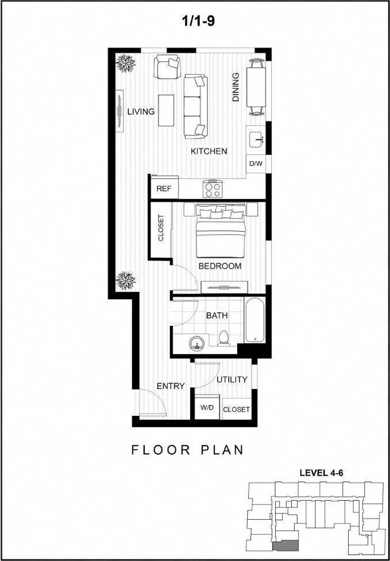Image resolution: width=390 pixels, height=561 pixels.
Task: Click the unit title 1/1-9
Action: click(x=195, y=22)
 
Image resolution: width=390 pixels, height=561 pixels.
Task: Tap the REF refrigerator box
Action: click(x=164, y=188)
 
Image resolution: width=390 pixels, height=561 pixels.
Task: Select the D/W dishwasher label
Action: click(x=256, y=164)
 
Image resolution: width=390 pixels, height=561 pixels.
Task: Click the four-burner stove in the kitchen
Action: click(x=213, y=189)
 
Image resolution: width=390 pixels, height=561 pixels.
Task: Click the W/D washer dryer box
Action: click(x=207, y=408)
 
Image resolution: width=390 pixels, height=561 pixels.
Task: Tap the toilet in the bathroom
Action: click(x=223, y=338)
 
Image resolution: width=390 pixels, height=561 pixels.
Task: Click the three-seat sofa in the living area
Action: click(x=195, y=106)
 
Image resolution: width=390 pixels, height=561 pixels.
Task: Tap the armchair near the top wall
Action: click(x=168, y=67)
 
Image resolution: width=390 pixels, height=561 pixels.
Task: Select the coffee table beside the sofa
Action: click(x=167, y=110)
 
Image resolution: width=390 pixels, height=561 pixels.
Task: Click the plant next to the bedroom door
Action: click(x=125, y=280)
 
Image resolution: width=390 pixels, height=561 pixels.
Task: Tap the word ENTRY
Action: click(x=171, y=386)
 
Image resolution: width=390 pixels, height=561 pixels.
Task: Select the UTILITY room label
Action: click(x=232, y=379)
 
